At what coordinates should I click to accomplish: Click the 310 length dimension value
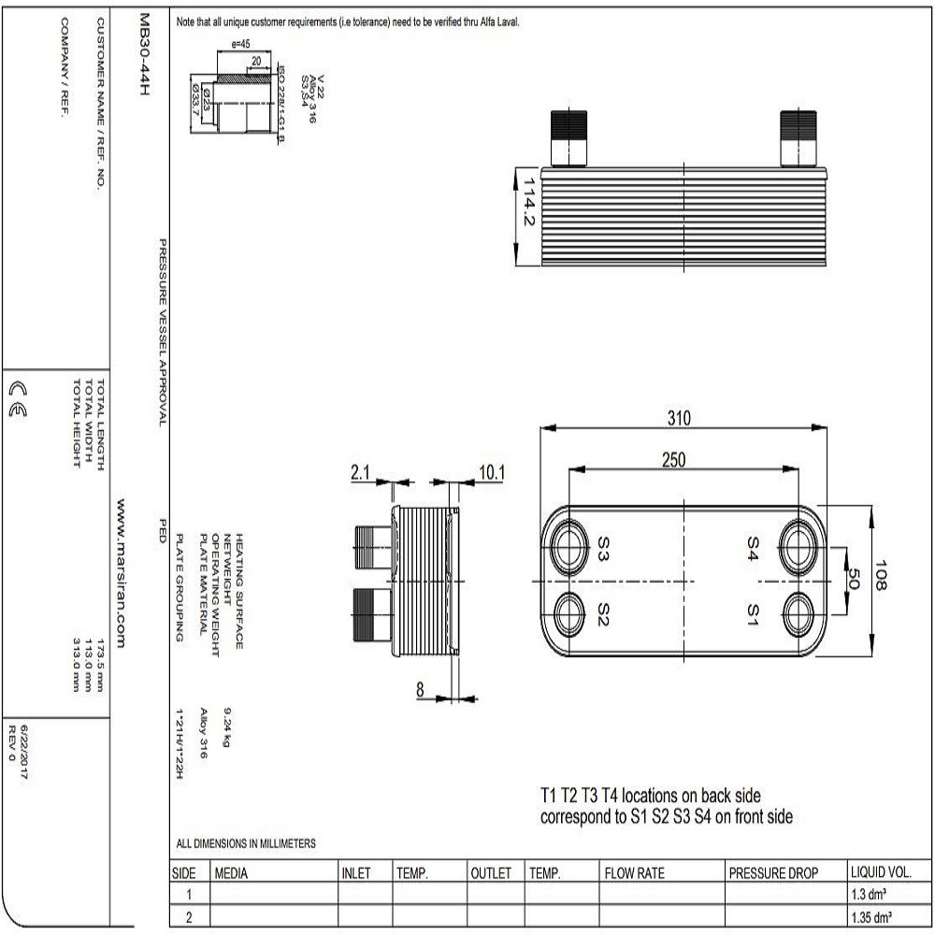point(679,418)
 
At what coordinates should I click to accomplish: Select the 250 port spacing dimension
point(673,458)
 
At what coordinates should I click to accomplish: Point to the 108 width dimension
point(883,576)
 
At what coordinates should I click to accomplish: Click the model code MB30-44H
point(143,60)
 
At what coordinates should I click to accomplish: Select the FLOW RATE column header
point(635,873)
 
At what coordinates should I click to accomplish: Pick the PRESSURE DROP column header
point(773,873)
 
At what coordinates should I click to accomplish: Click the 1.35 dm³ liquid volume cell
point(870,917)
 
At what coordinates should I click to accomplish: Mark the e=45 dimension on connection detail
point(239,43)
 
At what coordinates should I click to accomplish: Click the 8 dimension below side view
point(420,690)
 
